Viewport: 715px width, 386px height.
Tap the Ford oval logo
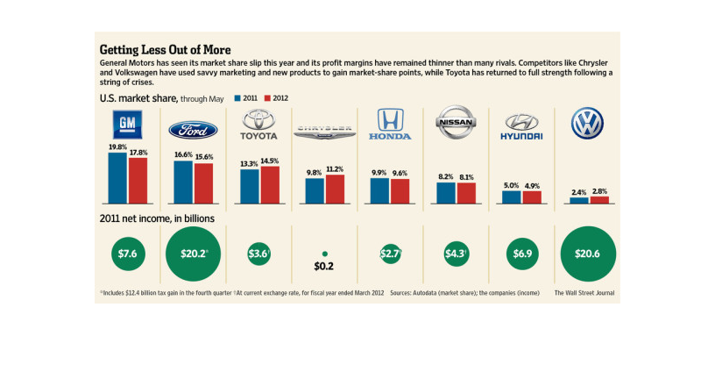(193, 131)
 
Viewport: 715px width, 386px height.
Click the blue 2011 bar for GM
(117, 179)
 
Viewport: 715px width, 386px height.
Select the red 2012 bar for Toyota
(270, 185)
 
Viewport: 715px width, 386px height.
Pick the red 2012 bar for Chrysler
(335, 189)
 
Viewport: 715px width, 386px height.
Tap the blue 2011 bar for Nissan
(445, 193)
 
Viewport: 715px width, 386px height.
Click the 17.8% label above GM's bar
(138, 153)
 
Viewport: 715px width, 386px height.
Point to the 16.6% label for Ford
(182, 154)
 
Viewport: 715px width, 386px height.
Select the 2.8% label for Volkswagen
(598, 190)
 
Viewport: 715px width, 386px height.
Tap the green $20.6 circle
(586, 254)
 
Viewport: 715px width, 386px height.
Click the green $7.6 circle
(127, 254)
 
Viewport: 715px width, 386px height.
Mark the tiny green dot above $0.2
(324, 252)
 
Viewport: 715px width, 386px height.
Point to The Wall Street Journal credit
(585, 292)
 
